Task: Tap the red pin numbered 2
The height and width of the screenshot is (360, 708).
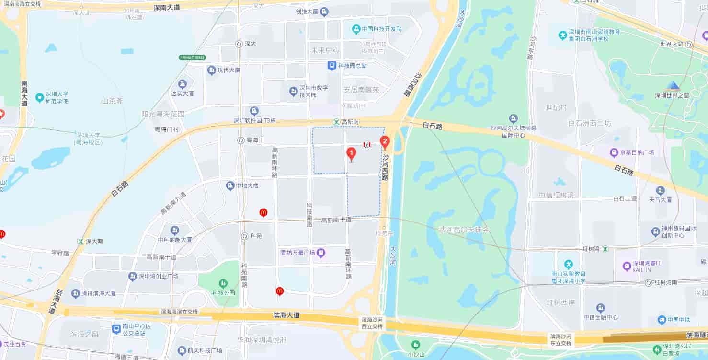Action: (384, 141)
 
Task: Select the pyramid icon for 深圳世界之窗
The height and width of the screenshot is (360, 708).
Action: (673, 86)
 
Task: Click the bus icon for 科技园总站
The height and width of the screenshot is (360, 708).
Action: (331, 65)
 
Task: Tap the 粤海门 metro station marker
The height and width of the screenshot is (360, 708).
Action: (240, 140)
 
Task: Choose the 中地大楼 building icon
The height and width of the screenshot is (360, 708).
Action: (230, 185)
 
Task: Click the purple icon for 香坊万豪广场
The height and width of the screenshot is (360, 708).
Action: (321, 252)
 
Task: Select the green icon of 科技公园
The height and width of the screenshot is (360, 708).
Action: (223, 283)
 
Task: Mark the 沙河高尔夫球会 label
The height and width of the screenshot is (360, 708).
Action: (464, 230)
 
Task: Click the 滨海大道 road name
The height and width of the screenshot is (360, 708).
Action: (286, 315)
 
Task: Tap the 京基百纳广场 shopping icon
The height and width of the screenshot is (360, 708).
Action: (614, 152)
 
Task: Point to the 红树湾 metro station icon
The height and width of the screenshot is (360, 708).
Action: (605, 249)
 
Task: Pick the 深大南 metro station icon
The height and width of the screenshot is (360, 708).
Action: (80, 241)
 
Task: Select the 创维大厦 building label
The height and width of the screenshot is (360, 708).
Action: (307, 12)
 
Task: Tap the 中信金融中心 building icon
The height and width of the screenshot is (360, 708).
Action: (600, 308)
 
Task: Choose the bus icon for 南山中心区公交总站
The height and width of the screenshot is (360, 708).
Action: (116, 329)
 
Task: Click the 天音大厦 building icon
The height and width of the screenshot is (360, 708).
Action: (661, 190)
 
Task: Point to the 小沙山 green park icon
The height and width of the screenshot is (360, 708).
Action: (415, 344)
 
